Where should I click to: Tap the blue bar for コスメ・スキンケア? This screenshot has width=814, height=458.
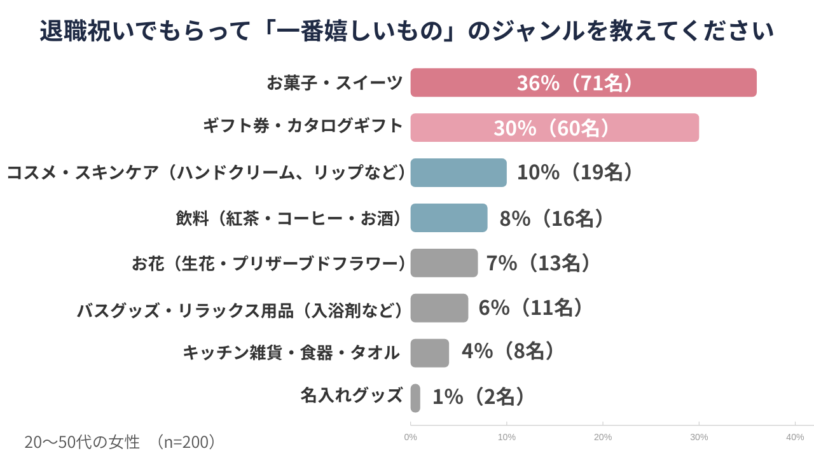tap(459, 172)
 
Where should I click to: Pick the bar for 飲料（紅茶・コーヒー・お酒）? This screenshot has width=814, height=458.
tap(449, 218)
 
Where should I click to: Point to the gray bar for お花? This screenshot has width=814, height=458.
tap(444, 263)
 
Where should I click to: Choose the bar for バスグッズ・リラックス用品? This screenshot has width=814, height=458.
tap(439, 308)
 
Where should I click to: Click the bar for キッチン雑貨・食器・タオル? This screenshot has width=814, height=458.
tap(430, 353)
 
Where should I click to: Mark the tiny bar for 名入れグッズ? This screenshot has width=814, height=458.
tap(415, 398)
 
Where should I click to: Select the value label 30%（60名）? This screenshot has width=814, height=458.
tap(553, 128)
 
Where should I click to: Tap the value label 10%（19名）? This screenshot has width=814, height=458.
tap(576, 172)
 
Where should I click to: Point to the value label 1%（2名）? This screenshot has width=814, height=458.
tap(480, 397)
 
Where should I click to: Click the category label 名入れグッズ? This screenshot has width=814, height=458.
tap(352, 396)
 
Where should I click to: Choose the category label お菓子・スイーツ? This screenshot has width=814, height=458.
tap(335, 83)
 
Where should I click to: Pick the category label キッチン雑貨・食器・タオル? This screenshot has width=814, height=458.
tap(291, 352)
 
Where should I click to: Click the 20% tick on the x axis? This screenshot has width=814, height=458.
tap(603, 437)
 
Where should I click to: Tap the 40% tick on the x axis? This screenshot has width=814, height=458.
tap(795, 437)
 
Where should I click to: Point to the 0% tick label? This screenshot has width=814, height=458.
tap(411, 437)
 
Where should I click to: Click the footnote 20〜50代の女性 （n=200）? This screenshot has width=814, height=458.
tap(121, 442)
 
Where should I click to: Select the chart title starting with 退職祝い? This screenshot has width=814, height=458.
tap(407, 31)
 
